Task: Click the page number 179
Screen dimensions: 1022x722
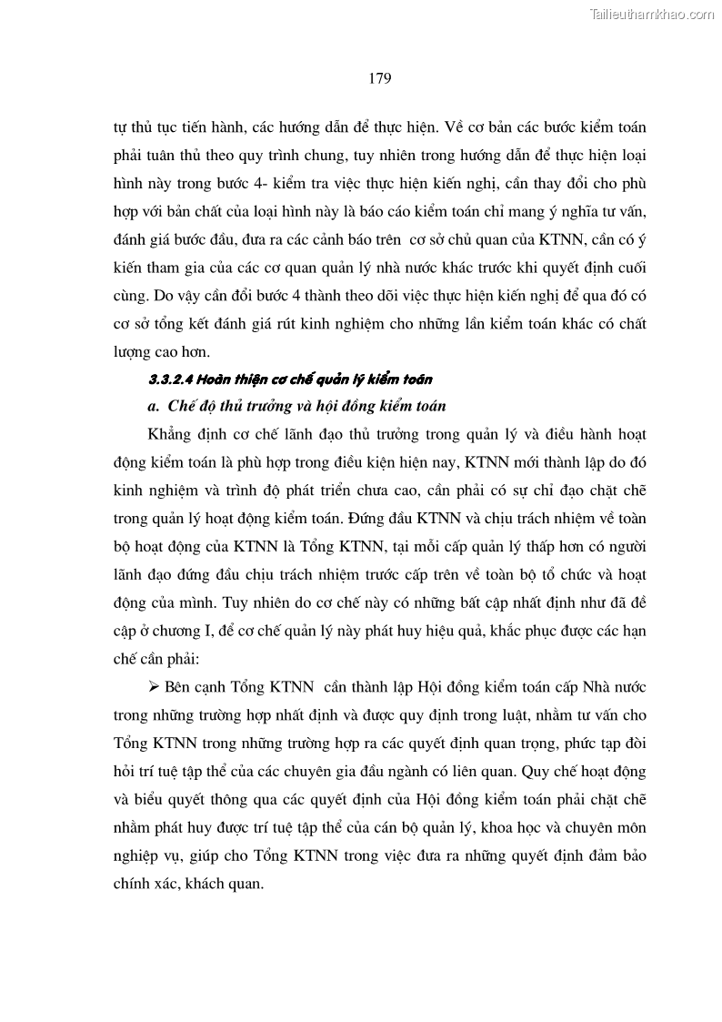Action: [380, 78]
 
